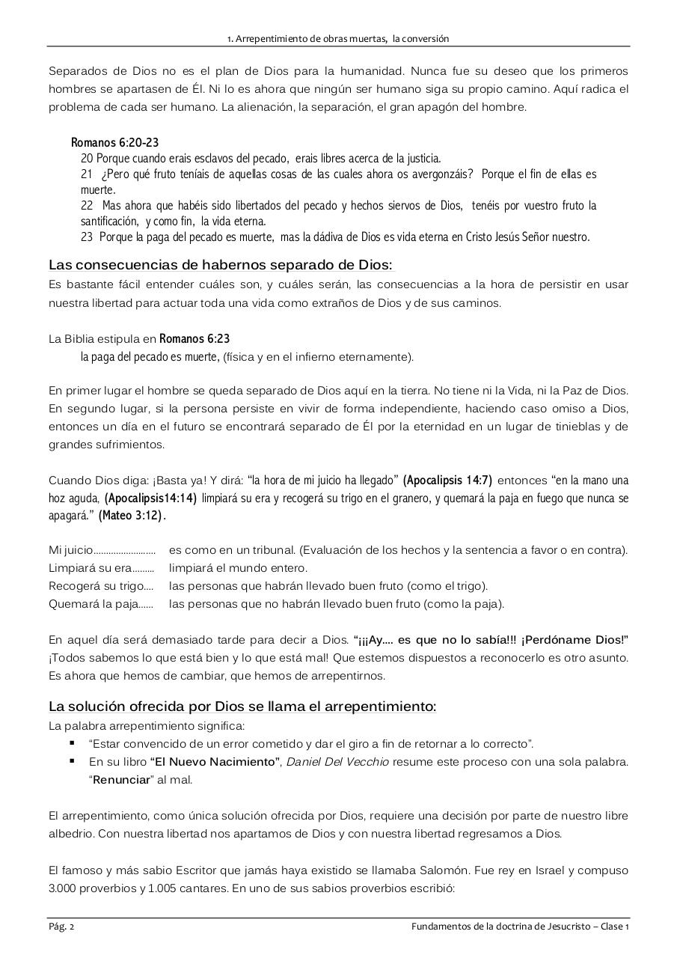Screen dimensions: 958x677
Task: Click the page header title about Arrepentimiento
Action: (x=338, y=38)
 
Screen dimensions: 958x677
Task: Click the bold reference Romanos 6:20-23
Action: (x=114, y=142)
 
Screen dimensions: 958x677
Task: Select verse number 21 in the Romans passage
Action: (x=86, y=174)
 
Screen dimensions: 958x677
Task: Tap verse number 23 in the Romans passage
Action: (x=86, y=237)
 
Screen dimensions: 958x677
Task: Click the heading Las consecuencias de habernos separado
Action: (x=220, y=265)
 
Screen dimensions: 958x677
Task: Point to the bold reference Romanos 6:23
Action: (x=194, y=338)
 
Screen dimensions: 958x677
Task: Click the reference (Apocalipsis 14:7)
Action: (x=447, y=480)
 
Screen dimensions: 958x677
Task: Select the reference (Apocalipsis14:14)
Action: (x=150, y=498)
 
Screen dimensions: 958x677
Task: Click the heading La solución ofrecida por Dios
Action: (x=242, y=707)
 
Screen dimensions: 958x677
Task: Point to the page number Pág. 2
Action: (x=61, y=927)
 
